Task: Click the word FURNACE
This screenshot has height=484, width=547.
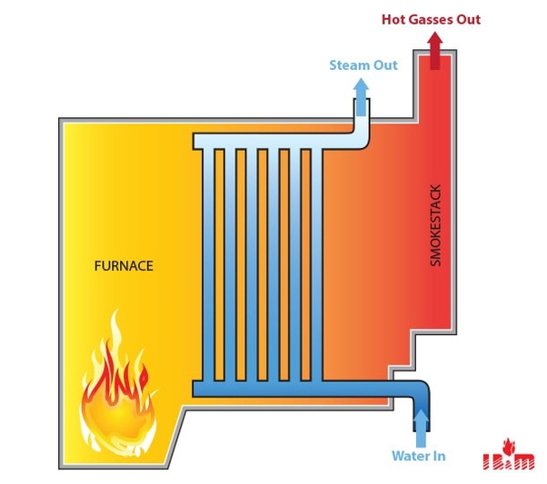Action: coord(124,266)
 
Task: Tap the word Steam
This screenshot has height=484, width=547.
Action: coord(350,65)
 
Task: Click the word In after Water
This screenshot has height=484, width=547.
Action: coord(439,456)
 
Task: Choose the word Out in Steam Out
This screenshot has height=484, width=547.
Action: coord(386,65)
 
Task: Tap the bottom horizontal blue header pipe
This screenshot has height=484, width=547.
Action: coord(273,389)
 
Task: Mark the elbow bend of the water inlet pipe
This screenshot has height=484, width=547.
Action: coord(419,393)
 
